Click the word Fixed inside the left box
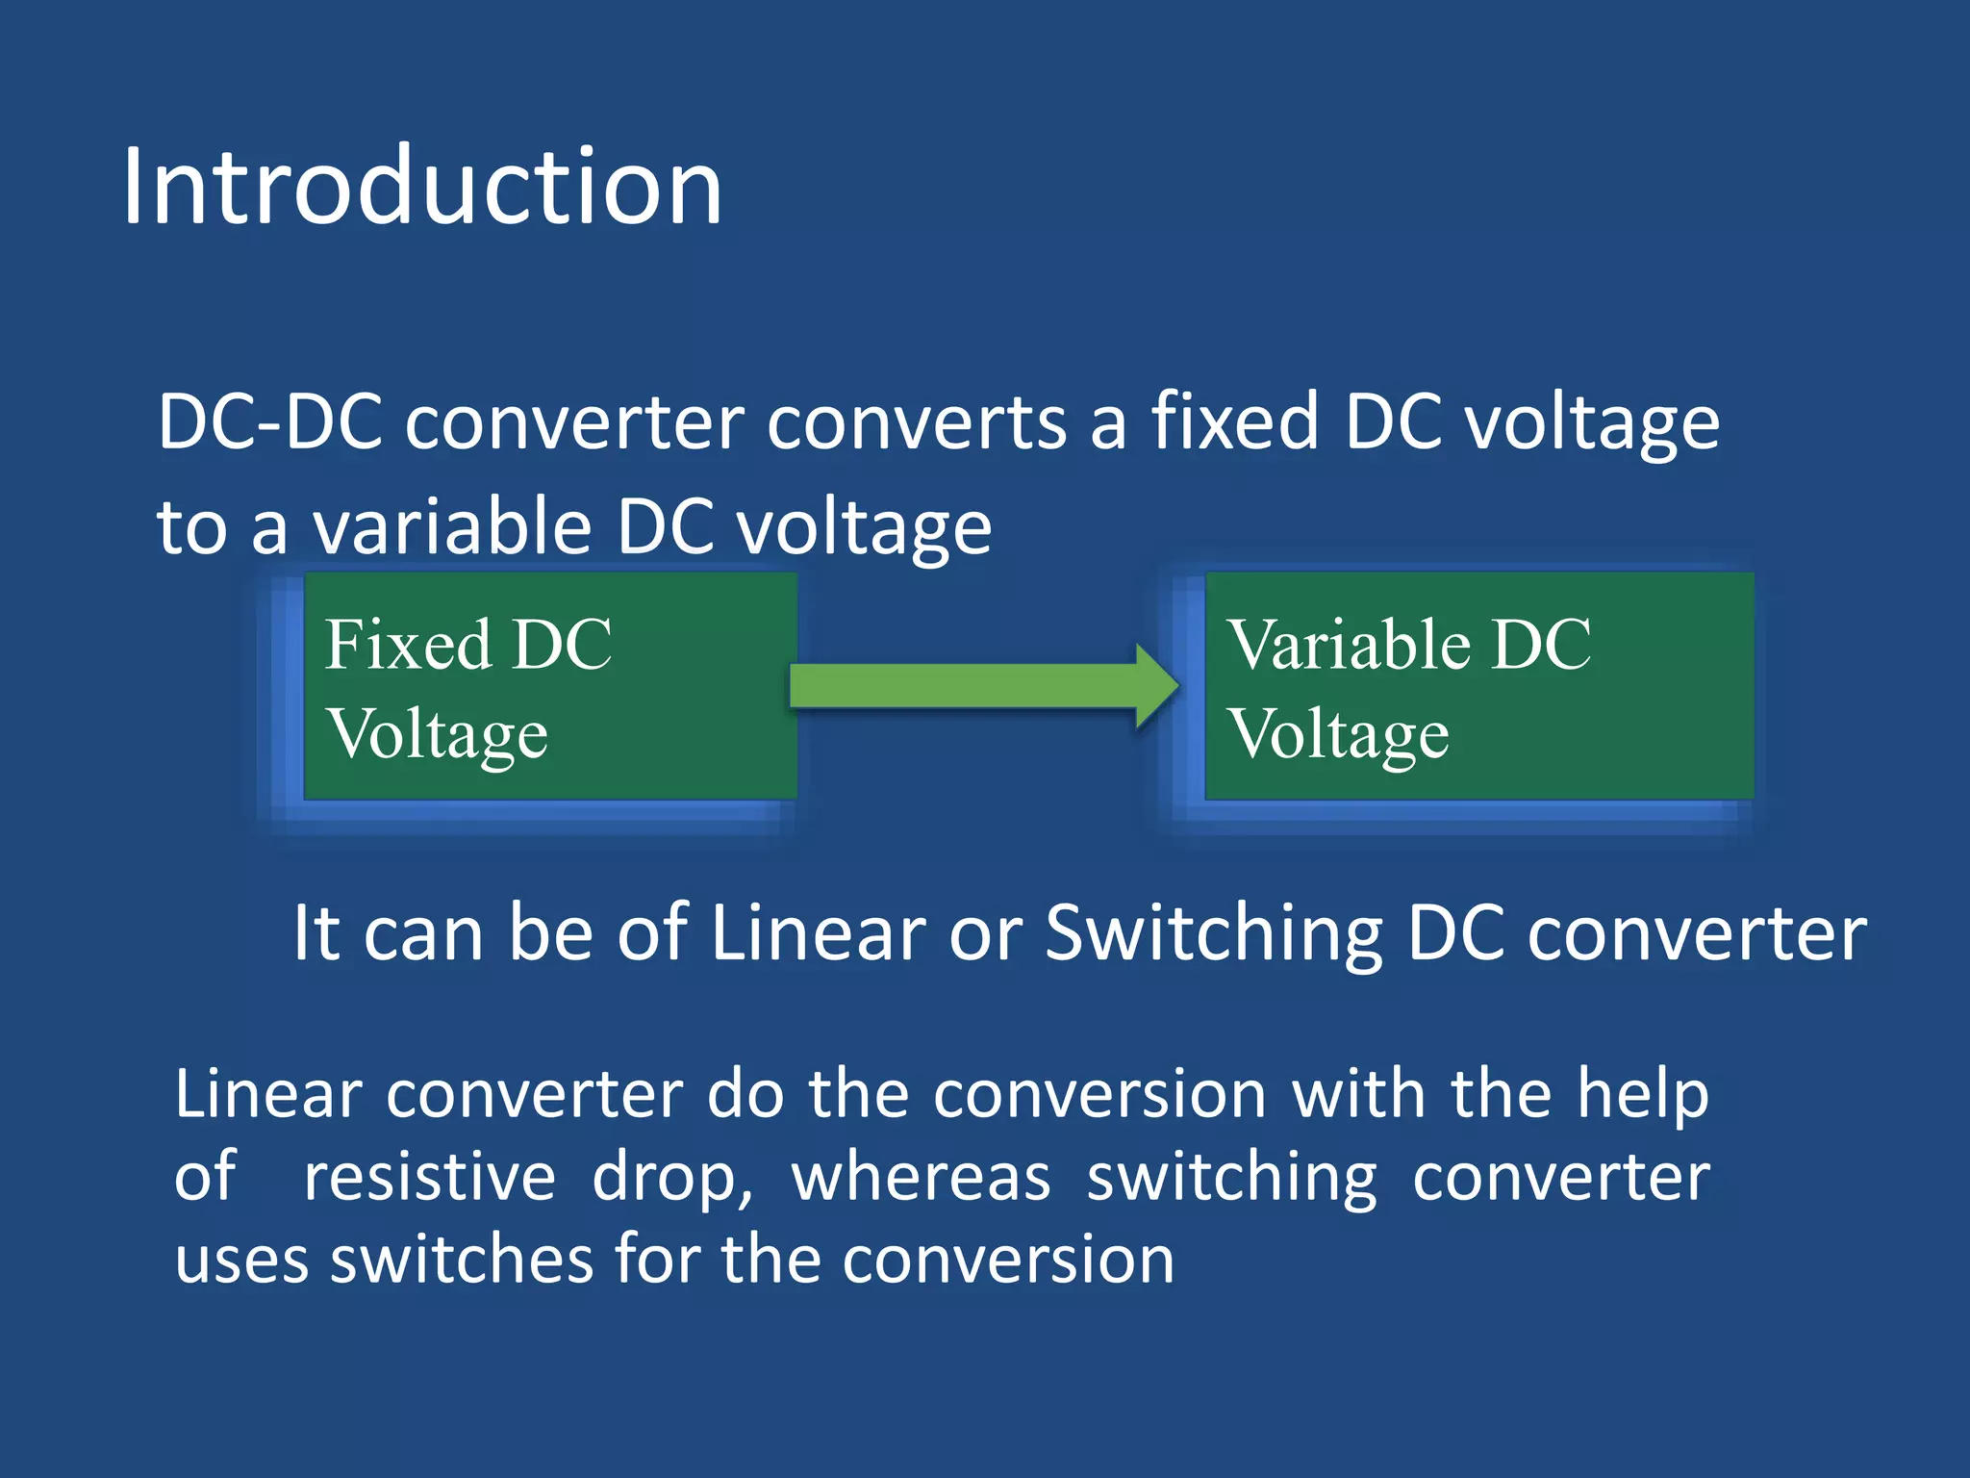tap(408, 644)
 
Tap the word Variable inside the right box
tap(1349, 644)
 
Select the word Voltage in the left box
tap(438, 734)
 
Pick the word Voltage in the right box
tap(1339, 734)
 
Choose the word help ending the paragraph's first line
tap(1643, 1095)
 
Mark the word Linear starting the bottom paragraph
tap(268, 1095)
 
